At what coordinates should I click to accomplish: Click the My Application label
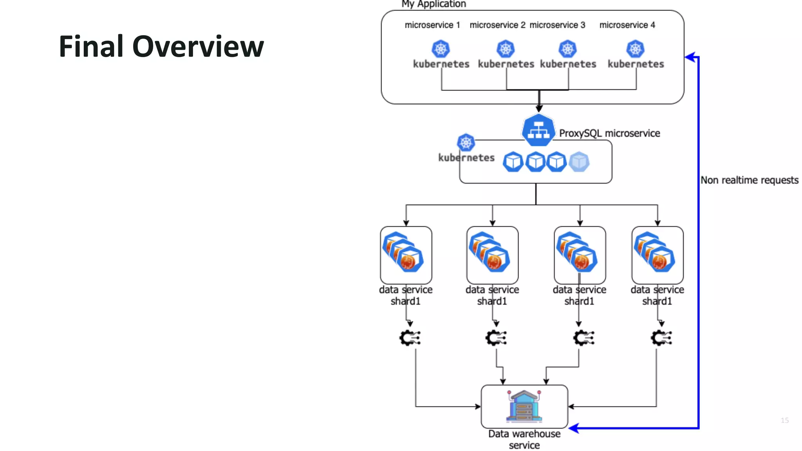434,4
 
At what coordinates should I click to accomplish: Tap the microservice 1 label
432,25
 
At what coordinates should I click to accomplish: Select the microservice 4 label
627,25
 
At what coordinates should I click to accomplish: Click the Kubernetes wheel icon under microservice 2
506,49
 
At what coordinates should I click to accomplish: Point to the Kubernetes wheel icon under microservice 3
567,49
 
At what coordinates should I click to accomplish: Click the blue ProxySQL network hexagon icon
538,130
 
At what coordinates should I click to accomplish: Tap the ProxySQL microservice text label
609,133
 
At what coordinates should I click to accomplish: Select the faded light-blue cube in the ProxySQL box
579,162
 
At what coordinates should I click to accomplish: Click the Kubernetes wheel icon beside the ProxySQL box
466,143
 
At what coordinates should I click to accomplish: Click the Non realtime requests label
749,180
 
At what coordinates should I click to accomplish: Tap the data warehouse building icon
524,406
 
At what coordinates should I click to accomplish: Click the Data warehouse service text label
524,439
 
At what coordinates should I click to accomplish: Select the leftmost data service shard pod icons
403,253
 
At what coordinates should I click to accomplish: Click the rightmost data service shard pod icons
655,253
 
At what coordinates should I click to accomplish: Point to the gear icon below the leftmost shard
410,338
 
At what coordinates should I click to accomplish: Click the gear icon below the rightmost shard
661,338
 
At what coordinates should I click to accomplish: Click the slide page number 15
784,420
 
